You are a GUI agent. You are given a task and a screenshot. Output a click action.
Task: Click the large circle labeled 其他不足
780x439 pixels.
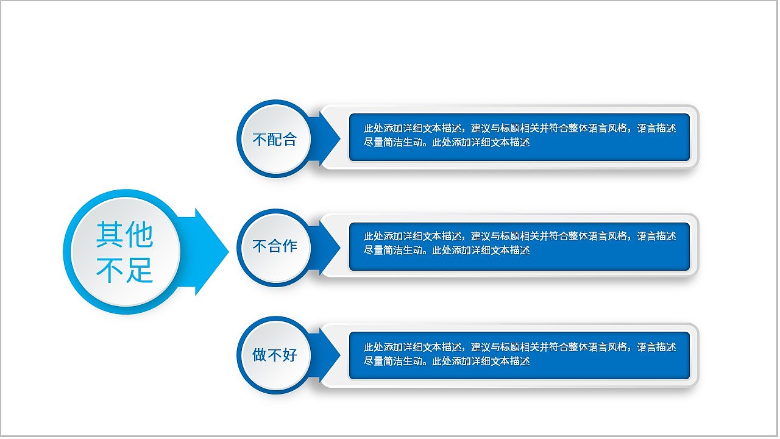(125, 252)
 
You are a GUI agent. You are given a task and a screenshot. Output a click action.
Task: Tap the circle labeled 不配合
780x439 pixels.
(274, 139)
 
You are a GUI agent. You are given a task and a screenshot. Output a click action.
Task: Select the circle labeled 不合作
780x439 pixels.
(274, 246)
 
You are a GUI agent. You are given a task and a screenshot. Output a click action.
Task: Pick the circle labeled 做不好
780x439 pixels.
(274, 354)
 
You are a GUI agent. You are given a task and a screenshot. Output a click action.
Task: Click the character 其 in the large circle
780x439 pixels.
(110, 236)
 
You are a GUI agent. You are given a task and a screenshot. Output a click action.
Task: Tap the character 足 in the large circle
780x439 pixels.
(140, 270)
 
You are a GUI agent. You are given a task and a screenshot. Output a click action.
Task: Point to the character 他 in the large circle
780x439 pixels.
(140, 236)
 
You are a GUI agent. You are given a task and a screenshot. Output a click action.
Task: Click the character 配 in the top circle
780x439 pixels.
(274, 139)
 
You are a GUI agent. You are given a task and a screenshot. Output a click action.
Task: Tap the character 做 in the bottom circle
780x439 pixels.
(260, 354)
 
